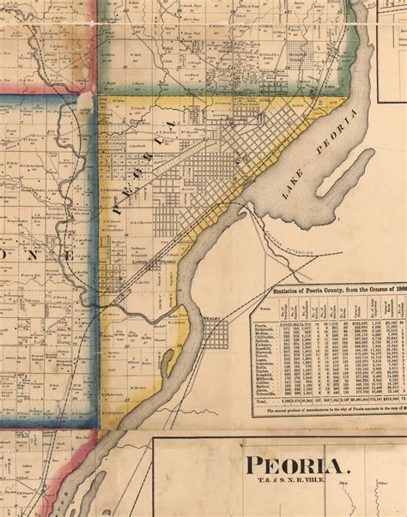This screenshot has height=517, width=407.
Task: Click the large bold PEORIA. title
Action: pyautogui.click(x=298, y=467)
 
